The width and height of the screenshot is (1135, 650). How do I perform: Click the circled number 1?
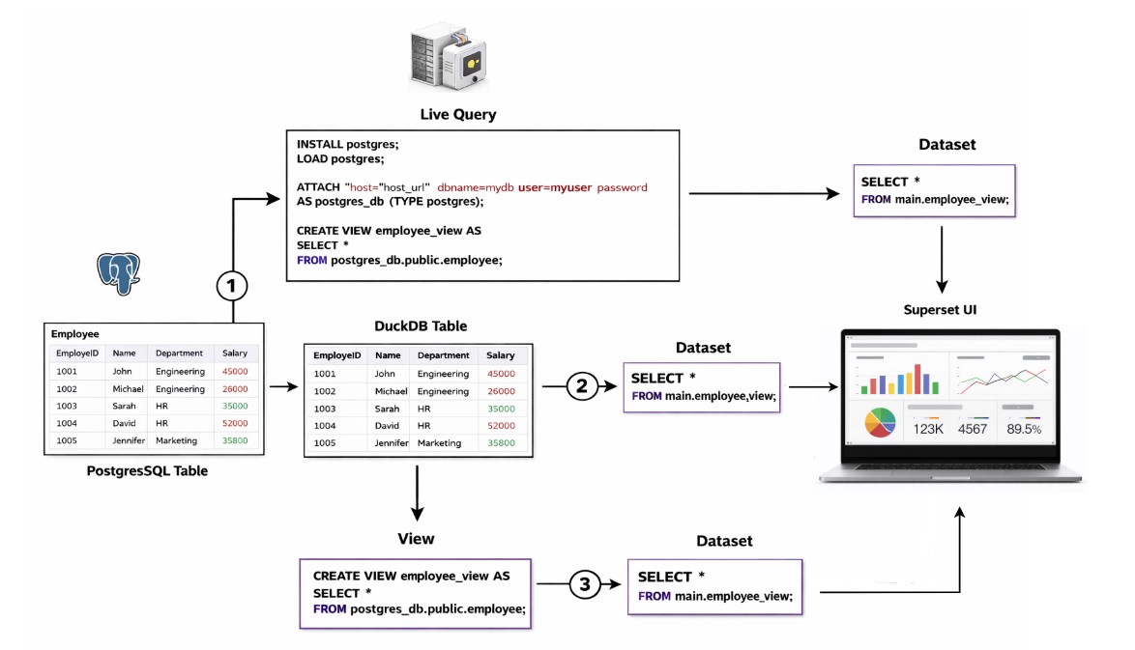[232, 286]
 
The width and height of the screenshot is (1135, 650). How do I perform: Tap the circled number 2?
[581, 386]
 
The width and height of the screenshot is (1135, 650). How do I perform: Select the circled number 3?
[584, 583]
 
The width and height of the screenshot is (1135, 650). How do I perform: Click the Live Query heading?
[457, 115]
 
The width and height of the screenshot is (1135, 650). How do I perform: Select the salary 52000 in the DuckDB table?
[501, 426]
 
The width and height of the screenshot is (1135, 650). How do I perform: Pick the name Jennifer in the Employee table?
[128, 440]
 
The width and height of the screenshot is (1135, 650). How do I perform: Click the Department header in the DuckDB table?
[443, 355]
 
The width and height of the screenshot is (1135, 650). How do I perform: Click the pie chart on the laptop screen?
[880, 423]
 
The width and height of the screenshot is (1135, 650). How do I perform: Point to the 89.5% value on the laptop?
[1024, 429]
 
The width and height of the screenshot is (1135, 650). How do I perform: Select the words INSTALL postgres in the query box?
[347, 144]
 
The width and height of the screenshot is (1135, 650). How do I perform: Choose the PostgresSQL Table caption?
[147, 471]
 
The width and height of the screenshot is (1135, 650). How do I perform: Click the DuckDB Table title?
[421, 326]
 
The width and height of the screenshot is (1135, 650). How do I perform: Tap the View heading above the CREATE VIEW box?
[416, 539]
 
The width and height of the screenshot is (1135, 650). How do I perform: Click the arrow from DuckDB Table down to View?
[416, 493]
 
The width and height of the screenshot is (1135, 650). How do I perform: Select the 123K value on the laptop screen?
[928, 429]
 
